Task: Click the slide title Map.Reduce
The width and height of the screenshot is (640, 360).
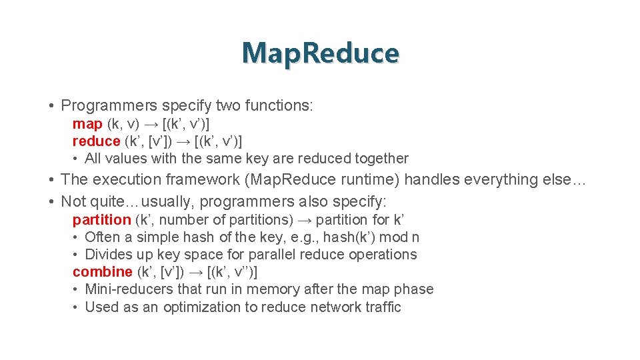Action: [320, 53]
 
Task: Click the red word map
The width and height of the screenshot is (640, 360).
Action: [87, 124]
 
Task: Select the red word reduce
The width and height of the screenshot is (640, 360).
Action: [96, 141]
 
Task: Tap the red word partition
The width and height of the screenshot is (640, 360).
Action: [101, 220]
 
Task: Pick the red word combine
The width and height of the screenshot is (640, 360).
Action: [102, 272]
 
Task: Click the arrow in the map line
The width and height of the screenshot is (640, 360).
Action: [150, 124]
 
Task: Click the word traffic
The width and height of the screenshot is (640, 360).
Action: [381, 307]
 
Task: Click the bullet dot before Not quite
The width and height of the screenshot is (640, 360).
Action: [51, 201]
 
